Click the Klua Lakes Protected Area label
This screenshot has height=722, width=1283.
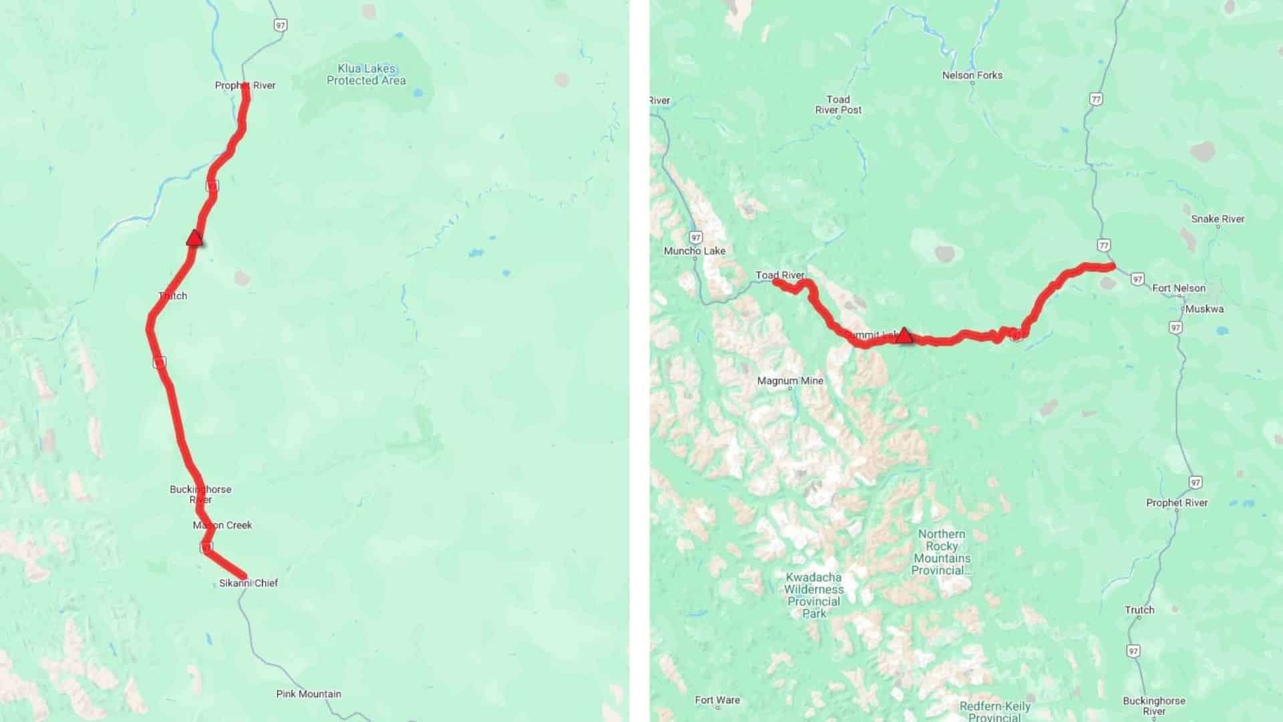(x=366, y=74)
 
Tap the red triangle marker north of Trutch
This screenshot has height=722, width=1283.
(x=194, y=237)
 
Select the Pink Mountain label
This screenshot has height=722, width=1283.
(x=309, y=694)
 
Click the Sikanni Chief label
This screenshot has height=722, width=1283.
(x=249, y=583)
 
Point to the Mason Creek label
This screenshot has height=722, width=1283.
(x=223, y=525)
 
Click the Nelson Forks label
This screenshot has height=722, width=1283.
(x=972, y=76)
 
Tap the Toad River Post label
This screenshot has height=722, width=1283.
(x=838, y=105)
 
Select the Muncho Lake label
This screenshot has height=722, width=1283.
(x=694, y=251)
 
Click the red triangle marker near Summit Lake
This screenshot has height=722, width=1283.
(x=903, y=335)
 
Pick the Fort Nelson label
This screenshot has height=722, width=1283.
(x=1179, y=288)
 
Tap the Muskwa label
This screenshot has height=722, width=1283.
(x=1204, y=309)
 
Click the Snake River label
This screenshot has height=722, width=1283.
(x=1218, y=219)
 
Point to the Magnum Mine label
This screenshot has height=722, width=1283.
(x=790, y=381)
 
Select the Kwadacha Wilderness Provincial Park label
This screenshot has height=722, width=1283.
(x=814, y=595)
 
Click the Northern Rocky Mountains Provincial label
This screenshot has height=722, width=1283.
(x=942, y=552)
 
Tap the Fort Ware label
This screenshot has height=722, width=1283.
(x=717, y=701)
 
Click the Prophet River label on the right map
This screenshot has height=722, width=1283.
(x=1177, y=503)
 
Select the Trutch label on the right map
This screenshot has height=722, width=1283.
(x=1139, y=610)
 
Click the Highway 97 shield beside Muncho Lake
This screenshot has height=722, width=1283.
(x=696, y=237)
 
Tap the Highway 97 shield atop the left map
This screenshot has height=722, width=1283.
(x=280, y=25)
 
